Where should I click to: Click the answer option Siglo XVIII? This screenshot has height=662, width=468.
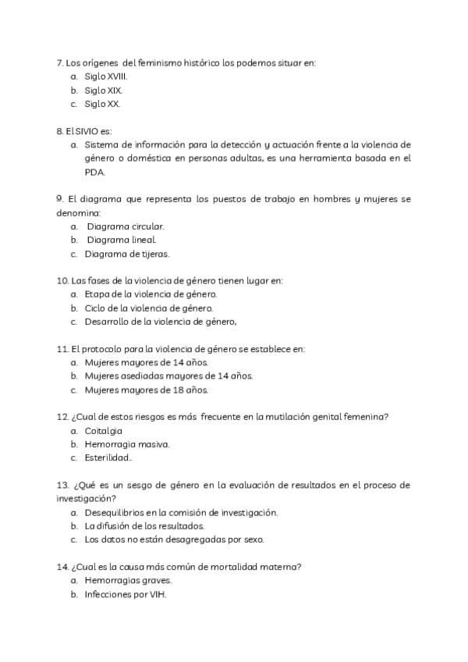tap(106, 77)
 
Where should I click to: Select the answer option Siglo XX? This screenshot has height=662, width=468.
tap(103, 104)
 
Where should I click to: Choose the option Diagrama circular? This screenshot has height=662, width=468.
tap(126, 226)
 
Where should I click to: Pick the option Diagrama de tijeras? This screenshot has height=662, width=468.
tap(128, 253)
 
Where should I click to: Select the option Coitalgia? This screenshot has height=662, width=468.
tap(104, 431)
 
